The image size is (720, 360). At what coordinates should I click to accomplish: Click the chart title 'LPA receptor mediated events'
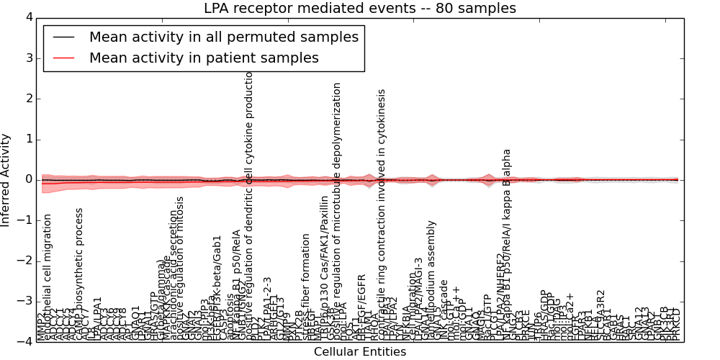[359, 9]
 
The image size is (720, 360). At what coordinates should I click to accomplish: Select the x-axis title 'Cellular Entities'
[359, 352]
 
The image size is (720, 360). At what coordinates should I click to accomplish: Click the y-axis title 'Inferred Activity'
[6, 180]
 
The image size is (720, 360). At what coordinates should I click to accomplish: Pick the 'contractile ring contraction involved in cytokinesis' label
[382, 216]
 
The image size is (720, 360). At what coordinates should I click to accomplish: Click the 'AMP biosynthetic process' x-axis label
[80, 274]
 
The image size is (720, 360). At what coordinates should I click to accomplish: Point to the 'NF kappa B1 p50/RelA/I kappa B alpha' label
[507, 245]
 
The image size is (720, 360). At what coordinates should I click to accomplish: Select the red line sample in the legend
[63, 58]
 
